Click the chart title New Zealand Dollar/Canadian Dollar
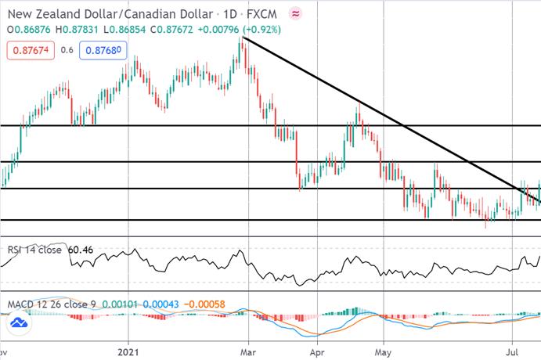[110, 14]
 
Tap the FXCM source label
[261, 14]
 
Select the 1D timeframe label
[229, 14]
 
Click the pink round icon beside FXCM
[295, 14]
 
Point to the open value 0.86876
[32, 30]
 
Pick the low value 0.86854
[128, 30]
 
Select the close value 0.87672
[175, 30]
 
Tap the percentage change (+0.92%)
[261, 30]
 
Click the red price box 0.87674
[31, 50]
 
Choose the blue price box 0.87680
[103, 50]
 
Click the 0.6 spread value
[67, 50]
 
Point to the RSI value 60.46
[81, 250]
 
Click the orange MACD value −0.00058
[204, 304]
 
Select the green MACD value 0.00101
[120, 304]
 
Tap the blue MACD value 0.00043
[160, 304]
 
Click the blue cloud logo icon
[19, 323]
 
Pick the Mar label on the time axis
[248, 352]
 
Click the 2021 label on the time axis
[128, 352]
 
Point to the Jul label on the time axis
[512, 352]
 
